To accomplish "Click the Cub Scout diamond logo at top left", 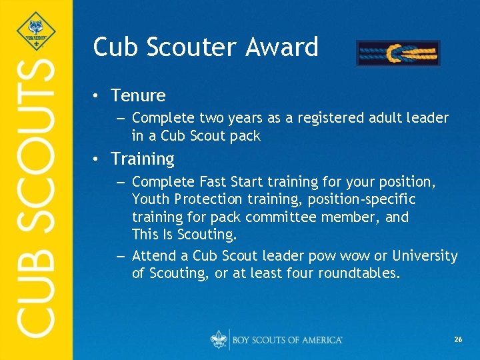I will point(35,30).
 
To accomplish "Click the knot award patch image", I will point(398,53).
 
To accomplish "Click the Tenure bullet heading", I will point(138,96).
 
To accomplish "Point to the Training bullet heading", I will point(143,159).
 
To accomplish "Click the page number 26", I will point(458,340).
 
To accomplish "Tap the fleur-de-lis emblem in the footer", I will point(218,339).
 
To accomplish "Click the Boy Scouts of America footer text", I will point(287,340).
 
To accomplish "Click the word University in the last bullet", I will point(425,256).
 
